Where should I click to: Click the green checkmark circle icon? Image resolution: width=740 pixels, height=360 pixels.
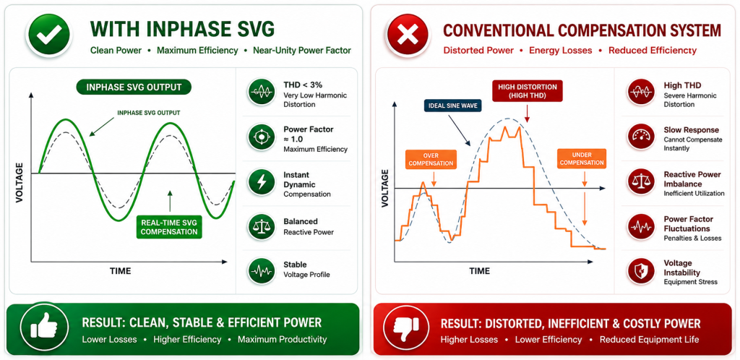48,35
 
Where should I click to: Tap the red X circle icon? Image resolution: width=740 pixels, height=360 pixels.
408,35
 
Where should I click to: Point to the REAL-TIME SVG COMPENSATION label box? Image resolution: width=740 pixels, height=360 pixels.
169,226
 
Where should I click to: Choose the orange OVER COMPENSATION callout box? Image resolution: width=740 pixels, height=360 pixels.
431,160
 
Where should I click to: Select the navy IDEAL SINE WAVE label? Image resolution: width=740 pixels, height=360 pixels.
452,106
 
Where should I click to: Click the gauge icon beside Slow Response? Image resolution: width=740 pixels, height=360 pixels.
640,137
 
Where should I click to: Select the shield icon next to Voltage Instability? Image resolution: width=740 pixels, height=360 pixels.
640,272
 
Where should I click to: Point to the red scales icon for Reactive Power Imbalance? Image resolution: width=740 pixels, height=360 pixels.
640,181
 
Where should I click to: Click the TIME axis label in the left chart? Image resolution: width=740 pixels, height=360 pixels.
121,271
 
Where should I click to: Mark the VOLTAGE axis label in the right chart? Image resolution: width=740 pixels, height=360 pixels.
384,189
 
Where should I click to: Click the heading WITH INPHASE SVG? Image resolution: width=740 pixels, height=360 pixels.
181,29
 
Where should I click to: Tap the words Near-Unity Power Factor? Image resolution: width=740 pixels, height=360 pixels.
302,51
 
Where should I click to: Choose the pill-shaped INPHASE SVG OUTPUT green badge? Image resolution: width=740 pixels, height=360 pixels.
134,87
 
